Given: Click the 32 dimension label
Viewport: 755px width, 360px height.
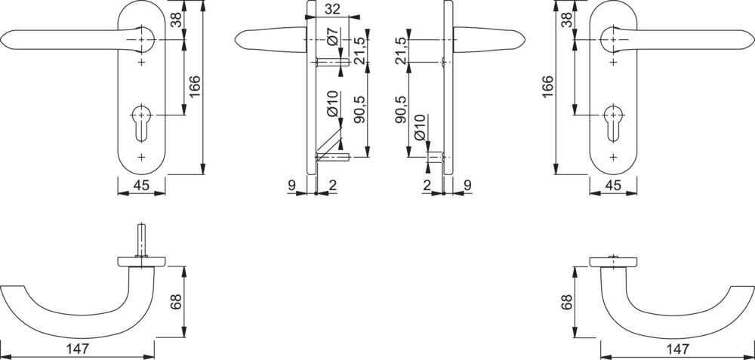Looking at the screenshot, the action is [x=332, y=8].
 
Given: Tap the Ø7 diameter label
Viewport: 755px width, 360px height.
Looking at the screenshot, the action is [x=333, y=36].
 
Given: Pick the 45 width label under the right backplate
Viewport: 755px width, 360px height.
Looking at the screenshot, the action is [x=613, y=186].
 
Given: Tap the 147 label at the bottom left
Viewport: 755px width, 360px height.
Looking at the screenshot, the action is [x=79, y=348].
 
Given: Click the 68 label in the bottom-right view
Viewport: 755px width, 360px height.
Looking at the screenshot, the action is [x=567, y=302].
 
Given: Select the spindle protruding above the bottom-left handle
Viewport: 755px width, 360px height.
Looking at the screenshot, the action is [x=142, y=241].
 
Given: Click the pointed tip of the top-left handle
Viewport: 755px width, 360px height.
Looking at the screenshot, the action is [x=1, y=39].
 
